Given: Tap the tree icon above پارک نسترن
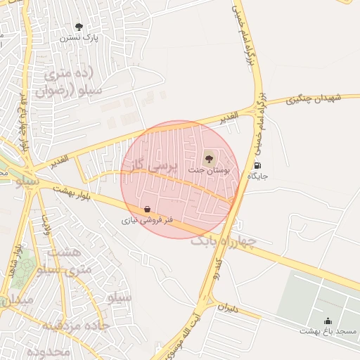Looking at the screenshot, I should point(78,27).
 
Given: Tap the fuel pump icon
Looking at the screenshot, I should point(256,165).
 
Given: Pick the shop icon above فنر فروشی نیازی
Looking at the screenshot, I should point(146,209).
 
